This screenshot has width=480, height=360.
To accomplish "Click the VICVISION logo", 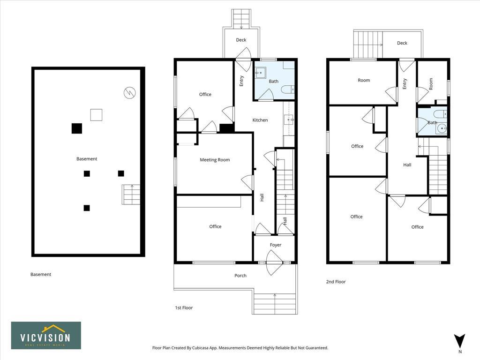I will tap(46, 336).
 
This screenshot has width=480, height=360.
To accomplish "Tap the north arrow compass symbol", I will tap(460, 341).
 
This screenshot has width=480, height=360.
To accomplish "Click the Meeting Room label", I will tap(215, 160).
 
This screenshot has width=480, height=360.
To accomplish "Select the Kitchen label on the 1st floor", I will tap(260, 120).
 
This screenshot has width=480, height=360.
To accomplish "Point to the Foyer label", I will tap(276, 245).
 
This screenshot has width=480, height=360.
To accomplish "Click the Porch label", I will tap(240, 276).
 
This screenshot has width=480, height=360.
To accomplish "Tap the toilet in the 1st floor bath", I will tap(288, 89).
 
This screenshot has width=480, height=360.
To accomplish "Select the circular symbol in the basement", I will tap(129, 93).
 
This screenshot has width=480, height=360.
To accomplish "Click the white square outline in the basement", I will tap(96, 115).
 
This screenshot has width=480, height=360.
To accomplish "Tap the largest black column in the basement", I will tap(77, 128).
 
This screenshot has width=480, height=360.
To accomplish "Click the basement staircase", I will tap(131, 195).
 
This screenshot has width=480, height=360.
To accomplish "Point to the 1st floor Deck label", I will tap(241, 40).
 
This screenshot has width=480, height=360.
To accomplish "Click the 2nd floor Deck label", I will tap(402, 43).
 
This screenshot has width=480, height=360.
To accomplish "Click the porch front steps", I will tap(275, 303).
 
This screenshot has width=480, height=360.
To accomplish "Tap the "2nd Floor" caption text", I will tap(336, 282).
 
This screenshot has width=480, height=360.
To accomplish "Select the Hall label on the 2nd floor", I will tap(407, 165).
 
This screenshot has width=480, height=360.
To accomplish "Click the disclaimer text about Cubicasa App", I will tap(240, 348).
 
